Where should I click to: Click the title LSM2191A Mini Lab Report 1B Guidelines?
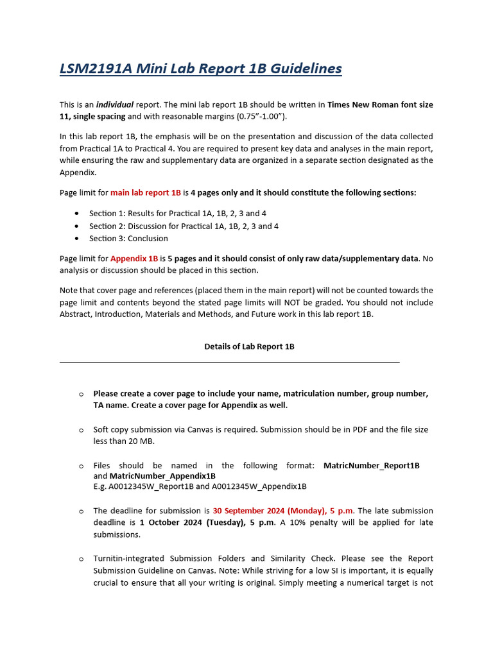pyautogui.click(x=201, y=69)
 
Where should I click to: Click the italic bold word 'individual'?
pyautogui.click(x=115, y=105)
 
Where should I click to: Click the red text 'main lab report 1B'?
pyautogui.click(x=146, y=192)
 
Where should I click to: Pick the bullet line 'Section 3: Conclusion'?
pyautogui.click(x=128, y=239)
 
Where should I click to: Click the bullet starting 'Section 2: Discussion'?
pyautogui.click(x=184, y=226)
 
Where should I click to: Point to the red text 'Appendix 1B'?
pyautogui.click(x=134, y=259)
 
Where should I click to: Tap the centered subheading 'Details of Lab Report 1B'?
pyautogui.click(x=249, y=346)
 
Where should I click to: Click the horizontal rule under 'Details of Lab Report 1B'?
pyautogui.click(x=229, y=363)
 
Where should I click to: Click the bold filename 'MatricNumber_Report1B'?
pyautogui.click(x=371, y=466)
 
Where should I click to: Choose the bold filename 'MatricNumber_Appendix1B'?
pyautogui.click(x=162, y=476)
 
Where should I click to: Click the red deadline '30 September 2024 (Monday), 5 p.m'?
pyautogui.click(x=283, y=511)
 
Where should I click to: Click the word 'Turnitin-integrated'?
pyautogui.click(x=130, y=559)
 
